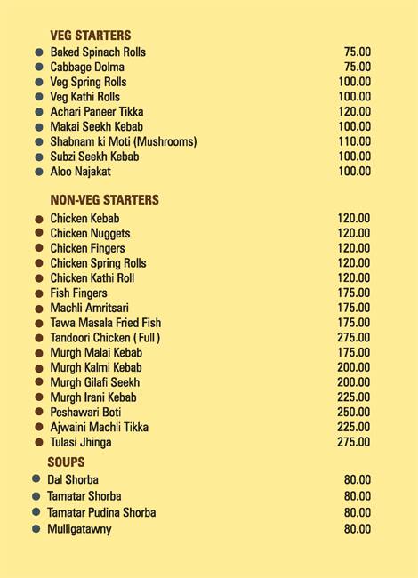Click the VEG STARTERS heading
90,36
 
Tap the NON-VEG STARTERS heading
104,200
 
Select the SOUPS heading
66,462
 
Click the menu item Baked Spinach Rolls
98,52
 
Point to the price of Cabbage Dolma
357,68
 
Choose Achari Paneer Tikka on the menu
96,112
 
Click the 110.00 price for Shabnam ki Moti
354,142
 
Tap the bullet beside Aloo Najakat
39,172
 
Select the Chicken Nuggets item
90,234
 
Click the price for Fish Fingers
354,293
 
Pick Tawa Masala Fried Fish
105,323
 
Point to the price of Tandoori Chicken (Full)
354,338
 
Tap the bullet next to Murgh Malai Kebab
39,353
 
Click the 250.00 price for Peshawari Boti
354,413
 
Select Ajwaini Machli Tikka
99,428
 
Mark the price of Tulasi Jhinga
354,442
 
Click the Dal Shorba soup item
73,480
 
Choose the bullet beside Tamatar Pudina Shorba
36,512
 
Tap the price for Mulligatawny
357,529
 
